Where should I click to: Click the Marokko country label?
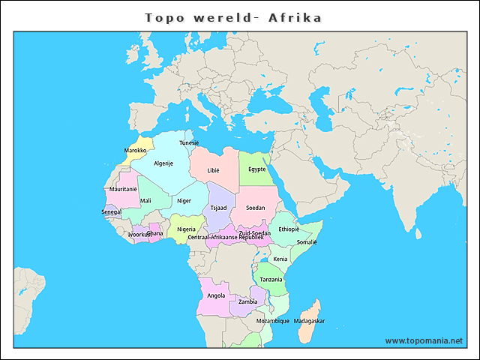click(135, 151)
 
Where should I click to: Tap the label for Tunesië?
click(189, 142)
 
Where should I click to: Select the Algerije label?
click(163, 163)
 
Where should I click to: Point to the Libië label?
click(214, 170)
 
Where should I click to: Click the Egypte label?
click(257, 169)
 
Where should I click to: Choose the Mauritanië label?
click(124, 189)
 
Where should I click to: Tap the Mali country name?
click(145, 200)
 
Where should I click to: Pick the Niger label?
click(184, 200)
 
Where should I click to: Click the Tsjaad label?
click(218, 208)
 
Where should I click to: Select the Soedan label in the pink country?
click(256, 207)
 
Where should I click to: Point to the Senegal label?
click(112, 211)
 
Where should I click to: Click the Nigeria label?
click(186, 229)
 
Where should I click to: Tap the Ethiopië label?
click(289, 229)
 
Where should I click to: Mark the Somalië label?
click(307, 242)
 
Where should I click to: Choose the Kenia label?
click(280, 259)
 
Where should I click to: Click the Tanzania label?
click(271, 280)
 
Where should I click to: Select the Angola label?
click(216, 295)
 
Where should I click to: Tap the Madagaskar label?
click(310, 321)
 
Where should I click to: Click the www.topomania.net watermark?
click(424, 340)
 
